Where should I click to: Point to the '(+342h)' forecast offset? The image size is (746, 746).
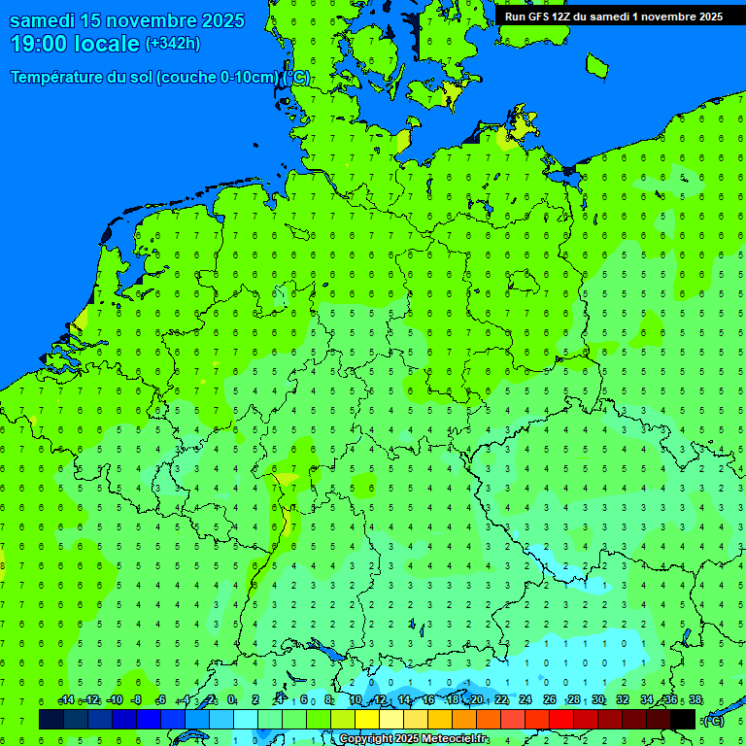pos(172,44)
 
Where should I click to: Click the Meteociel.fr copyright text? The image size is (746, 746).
pos(413,739)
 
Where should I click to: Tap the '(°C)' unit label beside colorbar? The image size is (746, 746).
pos(713,720)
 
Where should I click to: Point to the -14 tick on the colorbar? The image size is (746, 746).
pos(66,700)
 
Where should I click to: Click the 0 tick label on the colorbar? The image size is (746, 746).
pos(232,700)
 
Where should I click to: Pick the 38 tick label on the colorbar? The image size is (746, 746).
pos(695,700)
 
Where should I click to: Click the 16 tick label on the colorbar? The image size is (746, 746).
pos(428,700)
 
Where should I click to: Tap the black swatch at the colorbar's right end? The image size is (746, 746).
pos(683,720)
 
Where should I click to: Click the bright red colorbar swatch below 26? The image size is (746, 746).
pos(561,720)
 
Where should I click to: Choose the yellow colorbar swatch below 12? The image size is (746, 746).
pos(367,720)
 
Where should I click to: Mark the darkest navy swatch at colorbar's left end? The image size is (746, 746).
pos(51,720)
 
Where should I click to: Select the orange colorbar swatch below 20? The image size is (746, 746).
pos(464,720)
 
